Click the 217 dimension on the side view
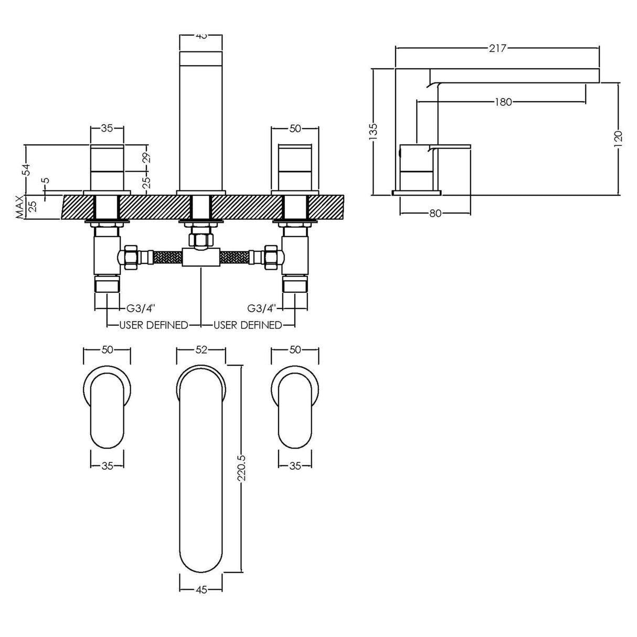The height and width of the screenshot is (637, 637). coord(497,48)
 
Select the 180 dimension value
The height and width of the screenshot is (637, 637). coord(503,102)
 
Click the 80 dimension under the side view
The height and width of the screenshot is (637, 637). coord(435,213)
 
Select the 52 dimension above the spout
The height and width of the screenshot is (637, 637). coord(201,350)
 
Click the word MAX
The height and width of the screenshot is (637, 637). coord(20,207)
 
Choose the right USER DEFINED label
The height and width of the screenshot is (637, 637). coord(248,325)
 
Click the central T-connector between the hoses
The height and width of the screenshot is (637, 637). coord(201,257)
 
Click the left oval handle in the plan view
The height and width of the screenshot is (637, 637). coord(107,409)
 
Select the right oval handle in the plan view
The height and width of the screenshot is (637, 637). coord(295,409)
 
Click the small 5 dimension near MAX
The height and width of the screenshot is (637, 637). coord(46,181)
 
